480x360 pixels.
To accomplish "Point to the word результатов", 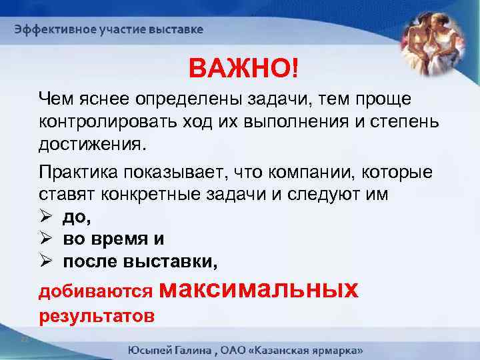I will pyautogui.click(x=97, y=315).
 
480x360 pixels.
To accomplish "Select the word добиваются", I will pyautogui.click(x=97, y=291).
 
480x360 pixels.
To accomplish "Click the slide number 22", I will pyautogui.click(x=25, y=339).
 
